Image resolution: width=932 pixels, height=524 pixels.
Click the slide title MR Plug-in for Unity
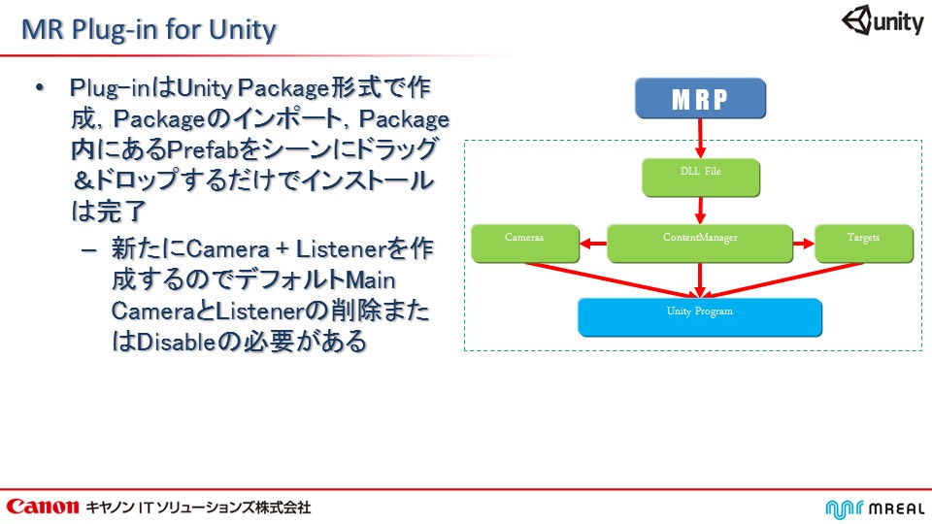150,30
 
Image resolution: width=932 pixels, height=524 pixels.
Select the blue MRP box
700,99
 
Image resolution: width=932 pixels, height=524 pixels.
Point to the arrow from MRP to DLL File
700,138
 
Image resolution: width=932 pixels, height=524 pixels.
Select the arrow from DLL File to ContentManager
700,209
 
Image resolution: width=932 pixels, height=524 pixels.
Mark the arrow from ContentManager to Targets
804,244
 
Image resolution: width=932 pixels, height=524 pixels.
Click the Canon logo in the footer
42,507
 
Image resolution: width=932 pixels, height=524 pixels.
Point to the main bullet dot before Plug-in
40,89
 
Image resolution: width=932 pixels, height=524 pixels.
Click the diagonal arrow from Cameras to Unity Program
612,278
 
